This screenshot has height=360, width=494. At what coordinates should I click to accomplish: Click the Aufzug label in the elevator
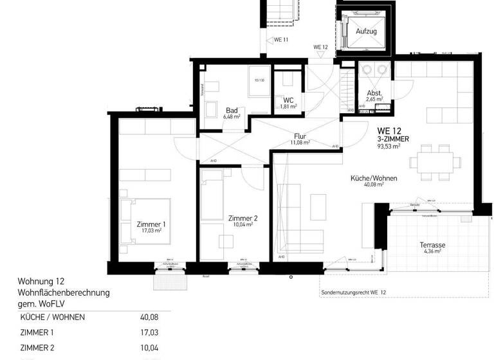pos(362,30)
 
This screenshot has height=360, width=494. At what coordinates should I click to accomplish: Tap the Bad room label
pos(232,110)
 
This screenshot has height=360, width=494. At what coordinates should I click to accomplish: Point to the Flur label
pos(300,136)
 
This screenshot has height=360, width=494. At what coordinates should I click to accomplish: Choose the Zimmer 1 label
pos(151,224)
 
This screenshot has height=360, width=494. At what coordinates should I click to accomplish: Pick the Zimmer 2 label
pos(242,219)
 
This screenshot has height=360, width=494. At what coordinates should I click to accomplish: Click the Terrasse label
pos(433,246)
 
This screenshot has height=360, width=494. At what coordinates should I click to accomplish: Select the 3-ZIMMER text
pos(392,138)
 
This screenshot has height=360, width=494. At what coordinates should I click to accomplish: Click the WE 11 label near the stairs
pos(282,40)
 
